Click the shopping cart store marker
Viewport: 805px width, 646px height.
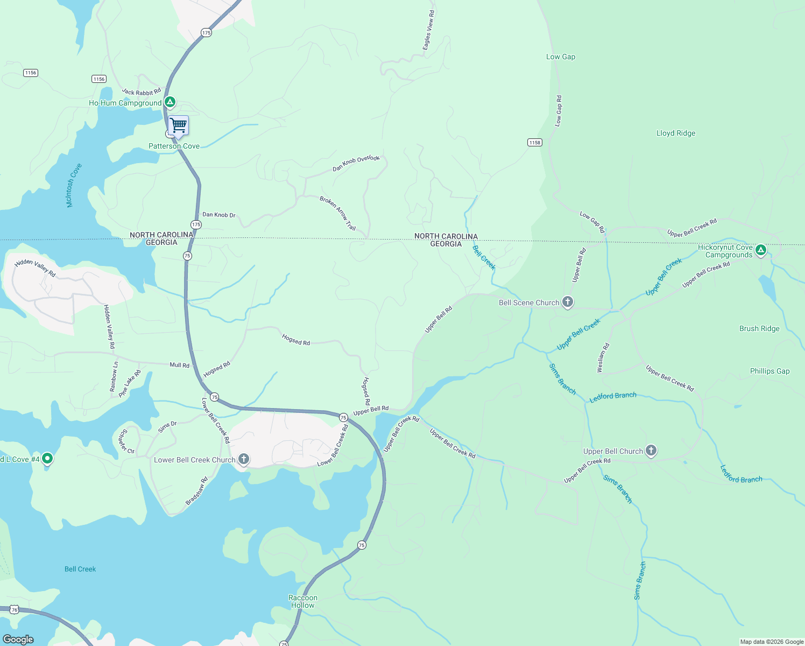pos(178,125)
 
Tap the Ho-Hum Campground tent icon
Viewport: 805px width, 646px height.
pos(170,102)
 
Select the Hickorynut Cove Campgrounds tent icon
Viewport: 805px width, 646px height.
pos(760,250)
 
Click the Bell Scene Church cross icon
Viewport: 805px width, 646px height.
pos(567,302)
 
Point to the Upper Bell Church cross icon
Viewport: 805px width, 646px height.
pos(651,451)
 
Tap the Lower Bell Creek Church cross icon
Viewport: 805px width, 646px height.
pos(244,459)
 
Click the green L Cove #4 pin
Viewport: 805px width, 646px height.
pos(47,459)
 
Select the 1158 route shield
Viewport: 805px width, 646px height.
pos(534,143)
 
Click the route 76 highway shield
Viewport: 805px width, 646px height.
pos(15,610)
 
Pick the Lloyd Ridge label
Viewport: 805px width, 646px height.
pos(675,134)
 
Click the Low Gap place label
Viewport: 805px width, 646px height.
pos(560,57)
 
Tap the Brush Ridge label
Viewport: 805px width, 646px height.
pos(759,329)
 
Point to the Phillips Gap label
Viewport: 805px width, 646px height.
pos(769,371)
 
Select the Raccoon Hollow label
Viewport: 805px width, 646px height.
pos(303,601)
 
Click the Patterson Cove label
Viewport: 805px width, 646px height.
pos(174,146)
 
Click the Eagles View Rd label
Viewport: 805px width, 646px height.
pos(428,31)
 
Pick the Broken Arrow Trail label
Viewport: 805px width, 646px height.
pos(338,213)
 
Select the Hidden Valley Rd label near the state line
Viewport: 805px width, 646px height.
pos(35,268)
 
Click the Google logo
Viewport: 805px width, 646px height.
pos(18,639)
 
